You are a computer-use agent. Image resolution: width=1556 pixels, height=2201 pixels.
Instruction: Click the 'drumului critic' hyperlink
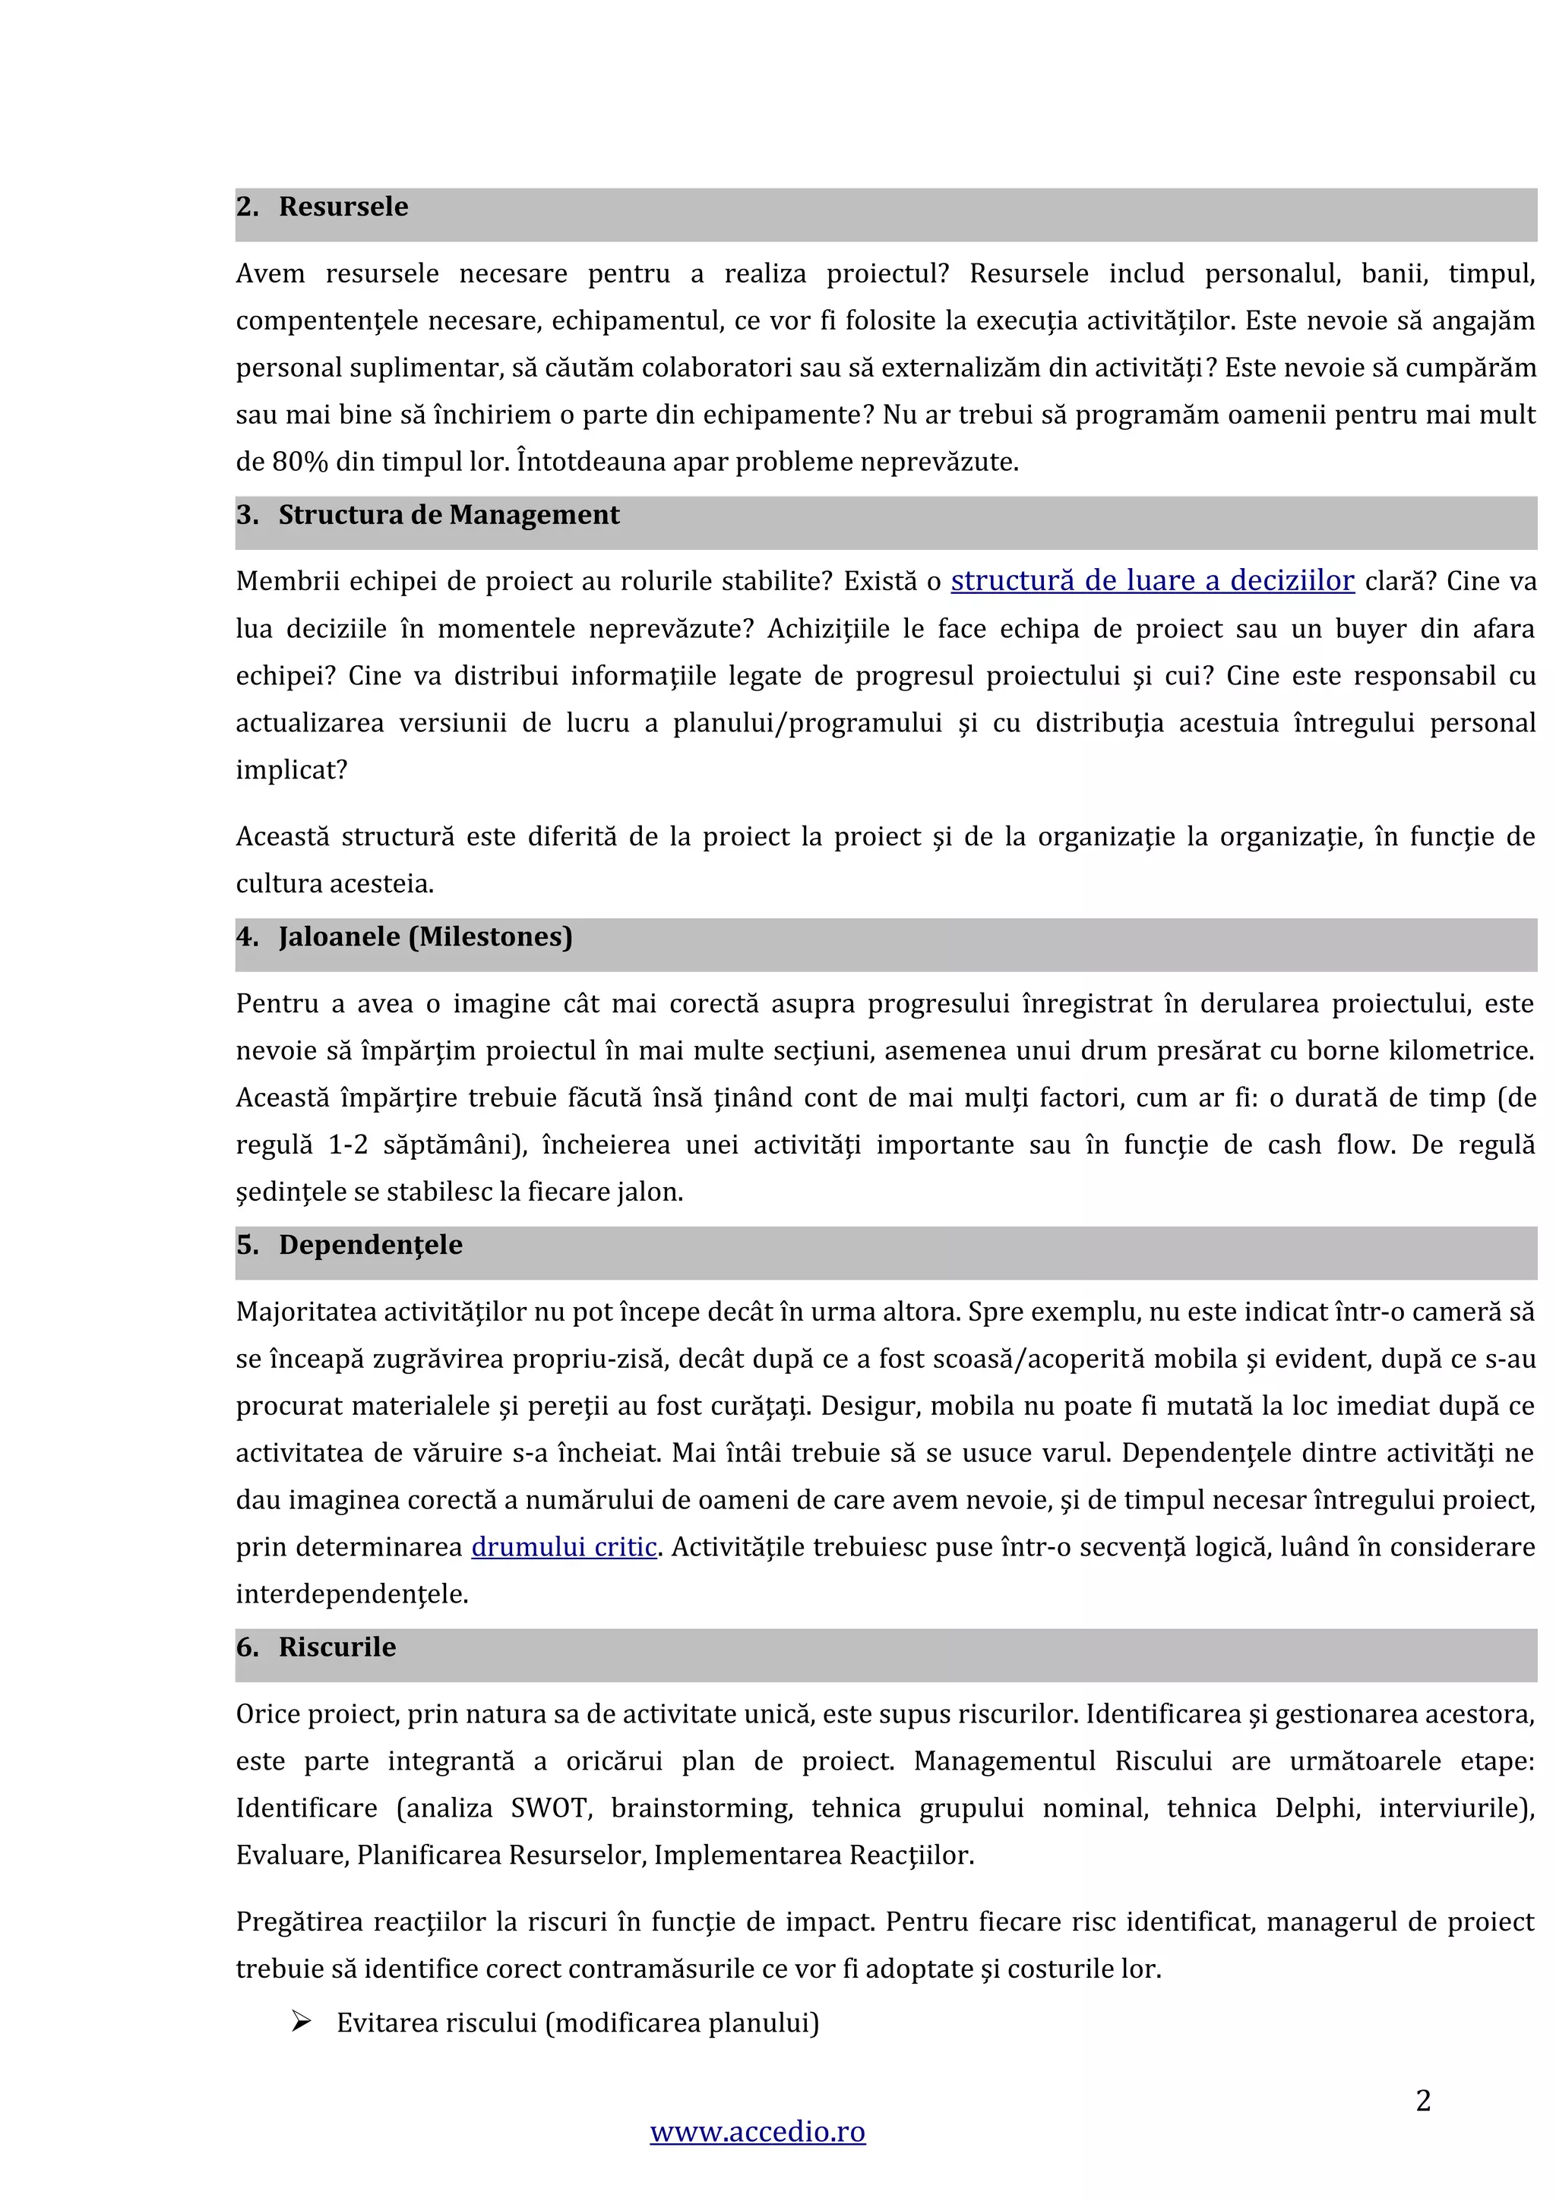(x=564, y=1547)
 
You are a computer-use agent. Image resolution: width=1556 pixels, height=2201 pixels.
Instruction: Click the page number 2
(x=1423, y=2100)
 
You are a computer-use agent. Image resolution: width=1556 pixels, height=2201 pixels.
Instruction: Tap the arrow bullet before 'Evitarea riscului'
(x=301, y=2023)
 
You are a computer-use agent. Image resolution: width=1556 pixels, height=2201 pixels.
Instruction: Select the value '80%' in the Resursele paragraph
(x=299, y=462)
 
